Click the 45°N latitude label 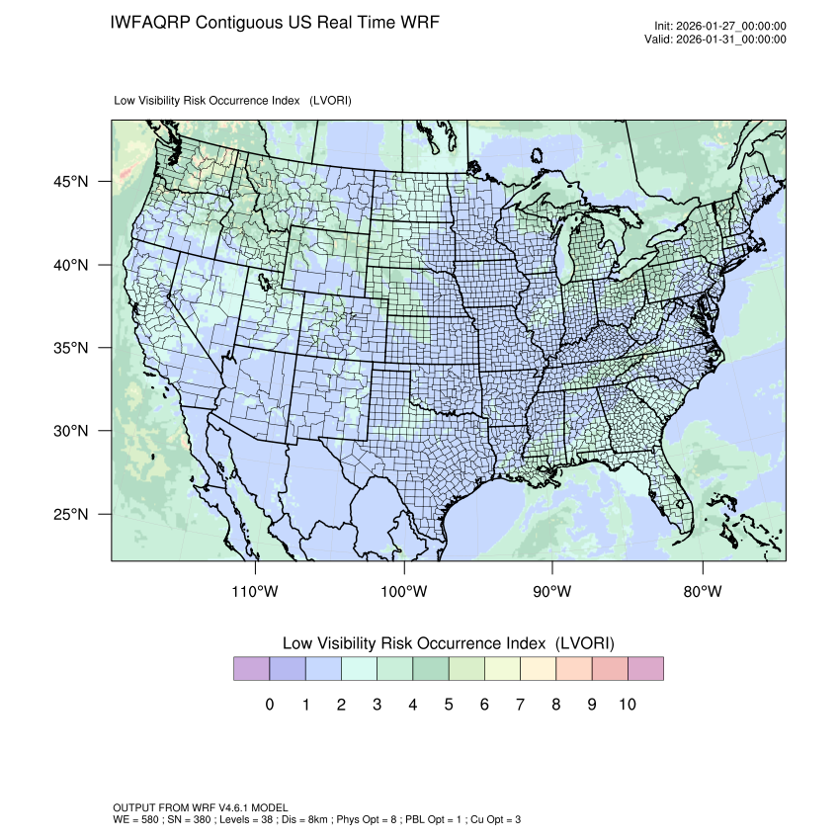pos(70,182)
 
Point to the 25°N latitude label pos(70,515)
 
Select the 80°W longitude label pos(703,592)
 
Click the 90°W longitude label pos(553,592)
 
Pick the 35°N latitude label pos(70,349)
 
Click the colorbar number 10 pos(628,705)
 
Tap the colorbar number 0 pos(269,705)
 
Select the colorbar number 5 pos(449,705)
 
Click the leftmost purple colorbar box pos(251,669)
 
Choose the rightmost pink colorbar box pos(645,669)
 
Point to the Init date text pos(720,27)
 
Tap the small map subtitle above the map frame pos(233,101)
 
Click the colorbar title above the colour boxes pos(449,643)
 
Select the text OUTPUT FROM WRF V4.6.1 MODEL pos(201,808)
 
